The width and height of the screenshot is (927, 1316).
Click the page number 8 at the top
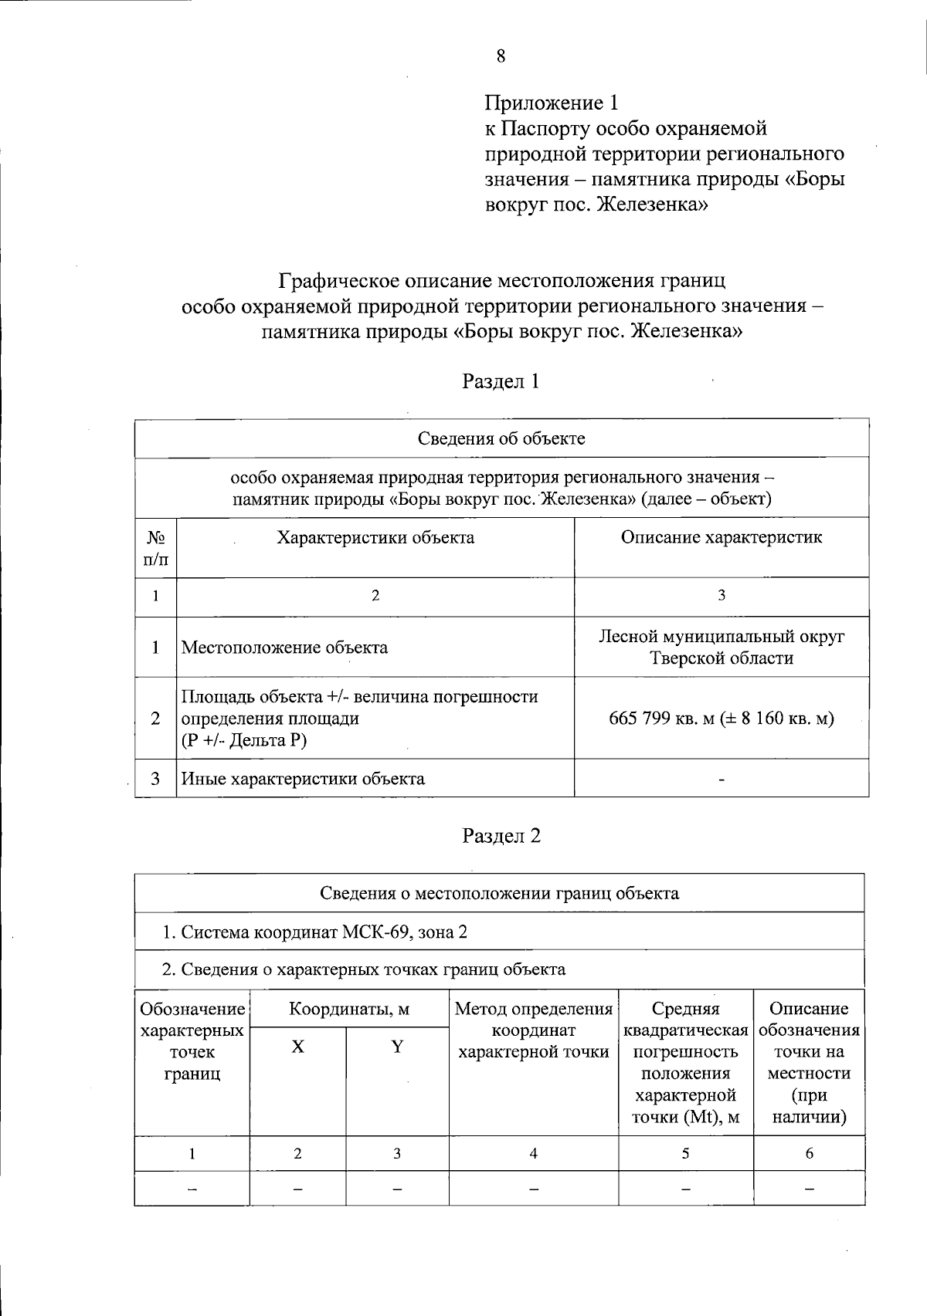[501, 56]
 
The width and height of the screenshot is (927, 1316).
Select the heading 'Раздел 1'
[501, 381]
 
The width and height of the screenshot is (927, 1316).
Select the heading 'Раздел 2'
[501, 836]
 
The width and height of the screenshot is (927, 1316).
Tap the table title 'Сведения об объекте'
[501, 438]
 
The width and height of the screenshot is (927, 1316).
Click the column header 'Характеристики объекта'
[375, 537]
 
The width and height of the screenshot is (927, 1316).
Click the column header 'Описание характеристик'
[721, 537]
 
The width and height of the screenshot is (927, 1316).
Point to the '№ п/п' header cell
[155, 547]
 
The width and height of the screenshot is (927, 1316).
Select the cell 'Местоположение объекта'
[284, 648]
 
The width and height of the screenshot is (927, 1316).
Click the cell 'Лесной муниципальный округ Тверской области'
[721, 647]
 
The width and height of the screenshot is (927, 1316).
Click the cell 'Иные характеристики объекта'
[303, 779]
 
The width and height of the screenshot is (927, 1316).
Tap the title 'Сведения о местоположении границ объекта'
[499, 893]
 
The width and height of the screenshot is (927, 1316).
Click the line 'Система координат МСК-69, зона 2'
[314, 932]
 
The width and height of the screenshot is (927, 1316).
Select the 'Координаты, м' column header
[349, 1009]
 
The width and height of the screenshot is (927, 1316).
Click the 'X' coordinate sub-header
[297, 1047]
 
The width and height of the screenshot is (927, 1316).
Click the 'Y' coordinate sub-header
[397, 1047]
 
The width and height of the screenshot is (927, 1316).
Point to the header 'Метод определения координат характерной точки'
[533, 1030]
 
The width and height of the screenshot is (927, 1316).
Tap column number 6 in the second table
[809, 1154]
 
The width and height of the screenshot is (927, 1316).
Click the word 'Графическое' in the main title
[341, 279]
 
